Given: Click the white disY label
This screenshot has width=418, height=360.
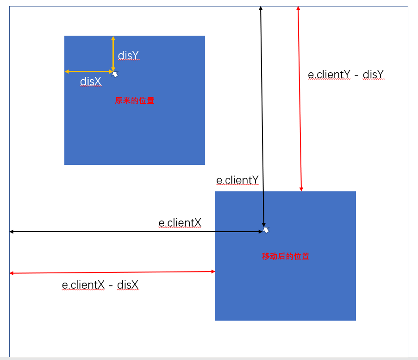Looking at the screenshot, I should [x=128, y=56].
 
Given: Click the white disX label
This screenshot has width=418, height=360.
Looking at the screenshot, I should [x=91, y=82].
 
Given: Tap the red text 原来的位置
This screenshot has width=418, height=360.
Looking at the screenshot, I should [x=135, y=101].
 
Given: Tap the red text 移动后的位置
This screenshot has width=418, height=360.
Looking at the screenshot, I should [x=286, y=256].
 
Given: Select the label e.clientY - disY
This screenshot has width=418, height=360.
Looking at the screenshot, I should [x=346, y=75].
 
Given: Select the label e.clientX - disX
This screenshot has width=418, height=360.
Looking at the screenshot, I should [x=100, y=285].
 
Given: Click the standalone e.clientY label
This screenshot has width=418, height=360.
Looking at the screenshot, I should [x=237, y=180].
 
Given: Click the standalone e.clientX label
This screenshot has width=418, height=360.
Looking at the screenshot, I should [x=180, y=223].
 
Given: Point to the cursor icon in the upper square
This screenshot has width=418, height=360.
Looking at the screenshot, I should [x=115, y=74].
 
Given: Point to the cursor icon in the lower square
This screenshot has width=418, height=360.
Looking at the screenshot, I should [x=266, y=230].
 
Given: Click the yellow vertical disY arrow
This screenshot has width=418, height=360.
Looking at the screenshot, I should [x=113, y=53].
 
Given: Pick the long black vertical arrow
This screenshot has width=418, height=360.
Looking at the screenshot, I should [x=262, y=116].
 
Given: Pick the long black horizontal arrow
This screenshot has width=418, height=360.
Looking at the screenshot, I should [x=134, y=231].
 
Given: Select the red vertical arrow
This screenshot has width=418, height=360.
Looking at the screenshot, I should [x=299, y=97].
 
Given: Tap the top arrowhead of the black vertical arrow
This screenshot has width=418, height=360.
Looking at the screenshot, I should [x=261, y=8].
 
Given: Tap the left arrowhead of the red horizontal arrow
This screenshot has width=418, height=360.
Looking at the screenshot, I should [x=12, y=273].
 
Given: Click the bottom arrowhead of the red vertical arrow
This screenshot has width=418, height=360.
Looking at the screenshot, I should [x=301, y=189].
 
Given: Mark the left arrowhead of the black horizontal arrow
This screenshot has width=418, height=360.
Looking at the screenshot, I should [x=12, y=231].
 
